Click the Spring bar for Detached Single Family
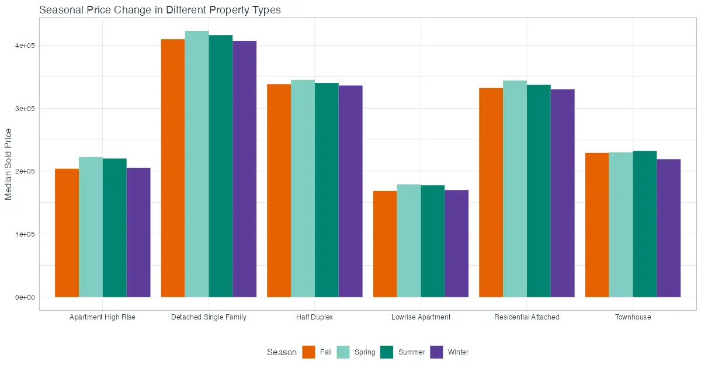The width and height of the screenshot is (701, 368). tap(197, 164)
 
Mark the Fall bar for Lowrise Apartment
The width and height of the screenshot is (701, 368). tap(385, 244)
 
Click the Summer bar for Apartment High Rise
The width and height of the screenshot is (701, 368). tap(114, 228)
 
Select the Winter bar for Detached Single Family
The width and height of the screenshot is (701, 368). tap(244, 169)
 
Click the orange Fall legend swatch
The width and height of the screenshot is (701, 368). tap(308, 352)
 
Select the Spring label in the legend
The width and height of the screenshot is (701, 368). tap(365, 352)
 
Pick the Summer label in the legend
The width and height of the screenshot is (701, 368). tap(411, 352)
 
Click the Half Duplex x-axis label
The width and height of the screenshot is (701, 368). tap(314, 317)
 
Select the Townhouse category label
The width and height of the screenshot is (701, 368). tap(633, 317)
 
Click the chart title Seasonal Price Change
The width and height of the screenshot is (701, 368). tap(159, 10)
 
